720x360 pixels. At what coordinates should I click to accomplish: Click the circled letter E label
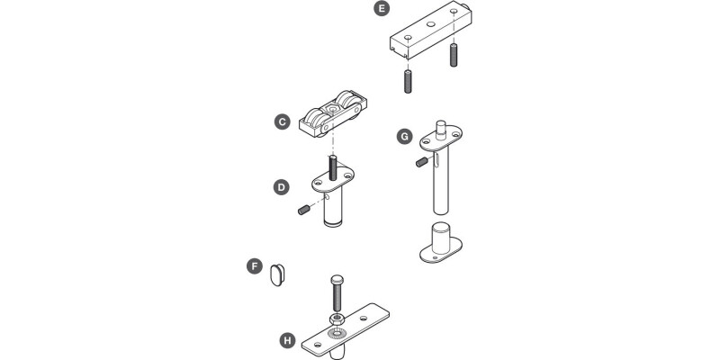click(x=382, y=10)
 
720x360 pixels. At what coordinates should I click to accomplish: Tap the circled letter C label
click(x=282, y=121)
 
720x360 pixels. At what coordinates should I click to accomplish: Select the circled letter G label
click(x=404, y=137)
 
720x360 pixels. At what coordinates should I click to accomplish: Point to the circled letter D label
click(x=282, y=187)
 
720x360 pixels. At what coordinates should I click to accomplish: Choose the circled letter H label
click(x=287, y=340)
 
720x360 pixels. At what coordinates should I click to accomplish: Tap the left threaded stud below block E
click(x=407, y=80)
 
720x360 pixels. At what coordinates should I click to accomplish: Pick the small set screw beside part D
click(x=304, y=211)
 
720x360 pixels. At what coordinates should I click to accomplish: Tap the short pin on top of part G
click(x=441, y=125)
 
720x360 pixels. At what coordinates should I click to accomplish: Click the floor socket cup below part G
click(x=442, y=240)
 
